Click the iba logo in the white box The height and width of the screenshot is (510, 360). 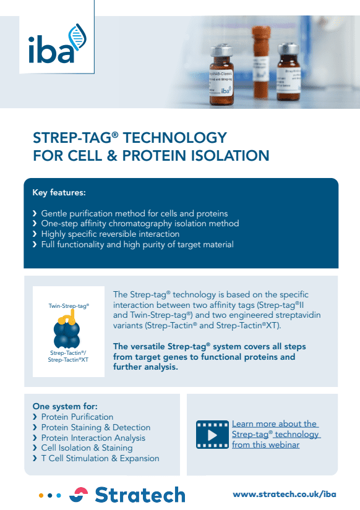[x=58, y=44]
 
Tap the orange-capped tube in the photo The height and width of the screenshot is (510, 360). [x=262, y=62]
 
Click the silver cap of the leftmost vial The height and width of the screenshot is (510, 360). [x=221, y=51]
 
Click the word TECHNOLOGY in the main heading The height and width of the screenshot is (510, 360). [x=175, y=138]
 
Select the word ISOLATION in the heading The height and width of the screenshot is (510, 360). [x=230, y=155]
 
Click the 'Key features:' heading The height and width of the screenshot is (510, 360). [x=59, y=192]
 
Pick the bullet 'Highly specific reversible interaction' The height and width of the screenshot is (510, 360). [x=110, y=234]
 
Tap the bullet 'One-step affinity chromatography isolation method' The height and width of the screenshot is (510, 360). [x=140, y=223]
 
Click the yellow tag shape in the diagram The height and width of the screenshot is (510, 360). [x=67, y=318]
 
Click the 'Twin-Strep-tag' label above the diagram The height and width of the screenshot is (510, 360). [x=69, y=306]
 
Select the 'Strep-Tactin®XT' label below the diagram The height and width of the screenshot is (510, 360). [x=68, y=360]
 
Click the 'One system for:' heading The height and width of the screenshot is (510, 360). [x=65, y=406]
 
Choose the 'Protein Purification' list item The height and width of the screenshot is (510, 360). [x=77, y=417]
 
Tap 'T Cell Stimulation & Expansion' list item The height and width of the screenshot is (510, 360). [x=100, y=458]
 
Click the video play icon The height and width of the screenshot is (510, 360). [x=212, y=435]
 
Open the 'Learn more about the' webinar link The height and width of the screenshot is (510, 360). [x=275, y=424]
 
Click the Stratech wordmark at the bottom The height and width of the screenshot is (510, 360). [x=140, y=495]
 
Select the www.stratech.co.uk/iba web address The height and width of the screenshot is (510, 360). [x=285, y=495]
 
